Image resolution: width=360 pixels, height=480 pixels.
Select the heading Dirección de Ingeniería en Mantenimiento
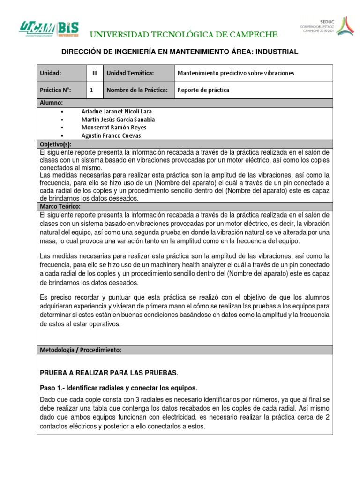(x=180, y=52)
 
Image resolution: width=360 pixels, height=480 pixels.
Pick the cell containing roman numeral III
(x=95, y=73)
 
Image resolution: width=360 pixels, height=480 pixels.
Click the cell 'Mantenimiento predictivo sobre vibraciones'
(x=236, y=73)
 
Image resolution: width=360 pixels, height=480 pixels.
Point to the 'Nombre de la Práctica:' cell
(x=137, y=90)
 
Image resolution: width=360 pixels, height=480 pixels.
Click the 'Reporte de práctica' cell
(x=203, y=90)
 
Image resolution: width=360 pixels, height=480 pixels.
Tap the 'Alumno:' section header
(x=51, y=103)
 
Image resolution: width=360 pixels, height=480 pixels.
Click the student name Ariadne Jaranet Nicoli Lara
(x=117, y=111)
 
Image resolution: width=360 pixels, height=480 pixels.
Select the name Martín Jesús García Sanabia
(x=118, y=120)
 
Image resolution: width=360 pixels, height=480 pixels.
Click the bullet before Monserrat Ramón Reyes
(x=62, y=127)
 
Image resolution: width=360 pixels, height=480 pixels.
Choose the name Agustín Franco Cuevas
(x=112, y=135)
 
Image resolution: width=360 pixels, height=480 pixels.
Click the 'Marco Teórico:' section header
(x=60, y=206)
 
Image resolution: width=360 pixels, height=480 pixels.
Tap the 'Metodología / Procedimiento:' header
(x=80, y=350)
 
